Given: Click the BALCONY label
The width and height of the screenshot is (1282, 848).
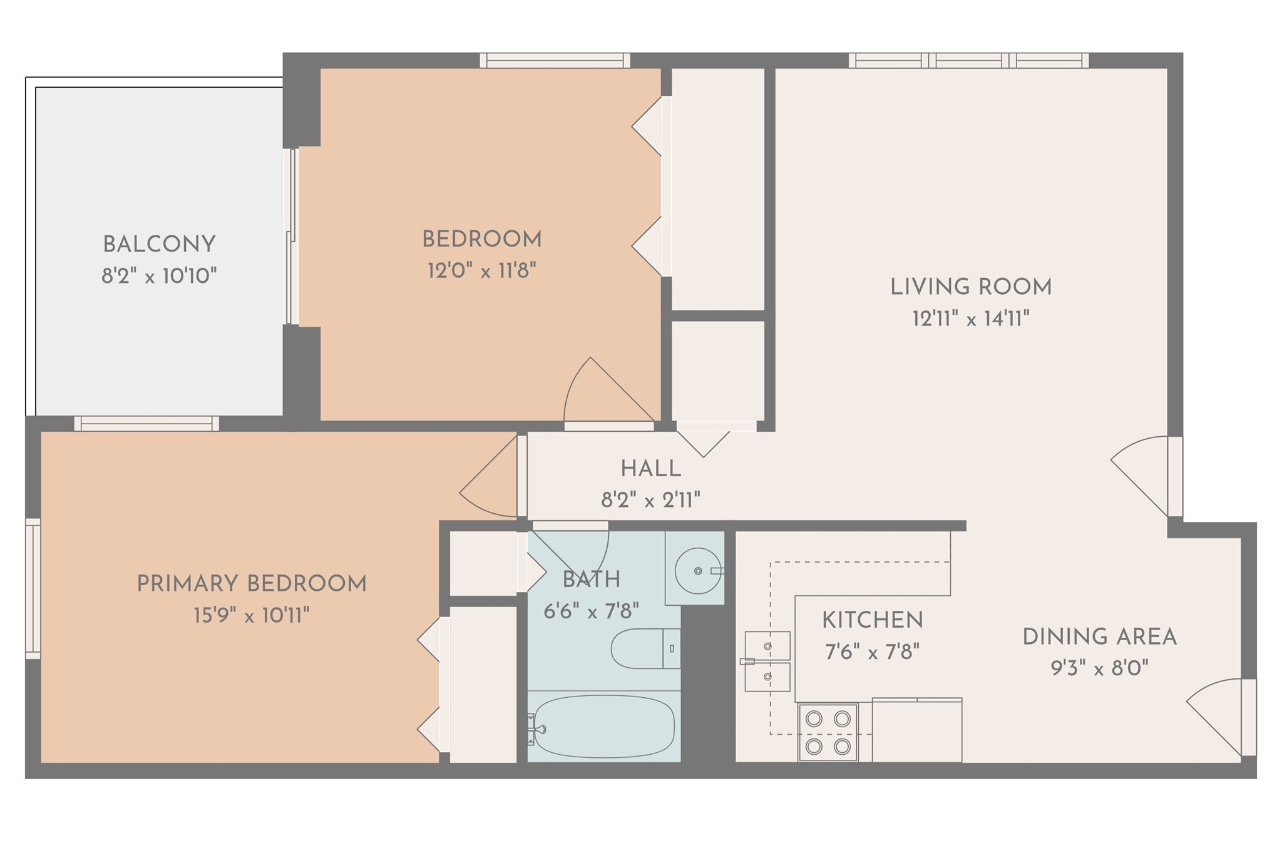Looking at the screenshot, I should pos(159,244).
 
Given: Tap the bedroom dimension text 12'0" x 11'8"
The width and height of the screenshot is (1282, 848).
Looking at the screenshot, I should pos(482,271).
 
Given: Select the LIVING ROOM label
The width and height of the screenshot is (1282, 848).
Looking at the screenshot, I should pos(971,287).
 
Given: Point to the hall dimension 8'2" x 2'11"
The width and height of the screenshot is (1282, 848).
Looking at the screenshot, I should pos(650,500).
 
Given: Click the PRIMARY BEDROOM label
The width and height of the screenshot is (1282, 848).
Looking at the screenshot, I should pos(252,584).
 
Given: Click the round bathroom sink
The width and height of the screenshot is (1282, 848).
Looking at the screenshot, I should pos(696,570).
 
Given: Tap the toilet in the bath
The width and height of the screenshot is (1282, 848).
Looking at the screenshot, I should pos(645,648).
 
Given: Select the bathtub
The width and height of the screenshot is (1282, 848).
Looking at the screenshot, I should pos(603,727).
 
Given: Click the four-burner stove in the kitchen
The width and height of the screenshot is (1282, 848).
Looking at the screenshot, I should pos(828,732).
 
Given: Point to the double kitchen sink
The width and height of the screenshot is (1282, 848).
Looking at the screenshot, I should pos(767,661).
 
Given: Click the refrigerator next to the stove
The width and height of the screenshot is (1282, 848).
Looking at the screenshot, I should pos(916,730).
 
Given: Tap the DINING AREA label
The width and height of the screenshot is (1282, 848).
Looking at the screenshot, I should pos(1099,637).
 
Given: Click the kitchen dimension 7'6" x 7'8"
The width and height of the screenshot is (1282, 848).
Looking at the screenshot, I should pos(872,653).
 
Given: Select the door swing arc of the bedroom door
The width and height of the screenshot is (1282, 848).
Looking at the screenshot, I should pos(601,388).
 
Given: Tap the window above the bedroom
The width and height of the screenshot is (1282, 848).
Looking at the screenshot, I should pos(555,60).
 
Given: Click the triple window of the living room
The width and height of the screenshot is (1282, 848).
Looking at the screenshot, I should pos(968,60).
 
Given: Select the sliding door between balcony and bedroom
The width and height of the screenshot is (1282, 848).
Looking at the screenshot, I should pos(291,237).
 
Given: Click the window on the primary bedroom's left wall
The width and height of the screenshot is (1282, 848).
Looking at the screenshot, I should pos(33,588).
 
